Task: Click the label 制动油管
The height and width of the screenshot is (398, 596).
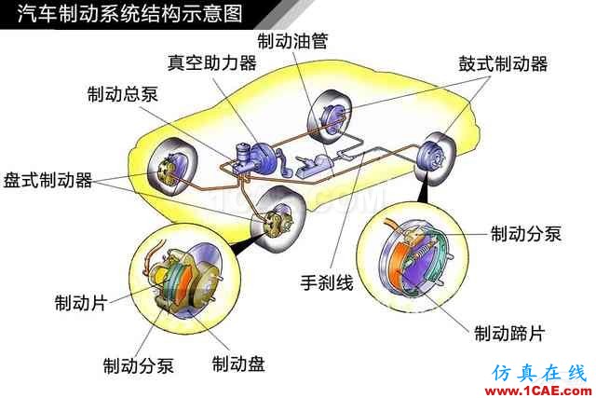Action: [292, 41]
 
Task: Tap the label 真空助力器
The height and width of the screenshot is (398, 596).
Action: [212, 62]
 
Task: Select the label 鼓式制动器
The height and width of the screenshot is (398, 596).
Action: [503, 63]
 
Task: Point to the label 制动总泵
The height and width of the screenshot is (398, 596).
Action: [122, 94]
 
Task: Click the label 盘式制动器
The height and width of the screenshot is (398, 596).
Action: [47, 180]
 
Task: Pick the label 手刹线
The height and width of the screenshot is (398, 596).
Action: [327, 282]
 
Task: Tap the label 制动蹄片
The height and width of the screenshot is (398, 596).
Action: [509, 334]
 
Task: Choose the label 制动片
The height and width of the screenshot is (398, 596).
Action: [81, 303]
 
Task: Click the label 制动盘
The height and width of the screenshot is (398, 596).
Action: [238, 364]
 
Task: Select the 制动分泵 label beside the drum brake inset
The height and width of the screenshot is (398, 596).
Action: [526, 234]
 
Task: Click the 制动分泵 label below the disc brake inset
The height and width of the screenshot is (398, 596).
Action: [139, 365]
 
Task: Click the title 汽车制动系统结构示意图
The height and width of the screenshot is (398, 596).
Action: [130, 14]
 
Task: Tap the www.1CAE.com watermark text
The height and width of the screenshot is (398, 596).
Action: [538, 391]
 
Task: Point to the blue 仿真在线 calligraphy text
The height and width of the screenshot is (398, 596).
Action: [540, 373]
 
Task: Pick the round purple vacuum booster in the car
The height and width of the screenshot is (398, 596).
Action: [262, 157]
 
